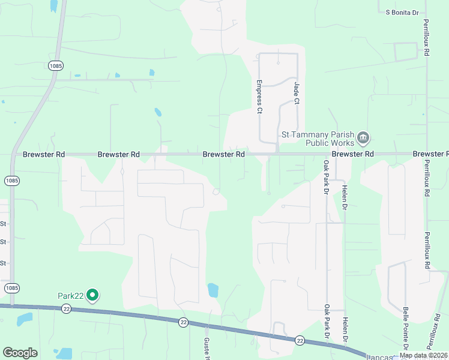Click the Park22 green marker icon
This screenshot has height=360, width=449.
[92, 295]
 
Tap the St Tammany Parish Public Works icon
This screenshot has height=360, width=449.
[363, 139]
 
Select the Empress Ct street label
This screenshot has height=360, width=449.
[259, 97]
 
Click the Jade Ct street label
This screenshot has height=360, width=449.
[296, 93]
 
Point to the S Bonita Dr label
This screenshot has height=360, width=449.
[406, 12]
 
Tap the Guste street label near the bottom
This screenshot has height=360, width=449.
[206, 346]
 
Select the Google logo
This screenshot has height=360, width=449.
[20, 353]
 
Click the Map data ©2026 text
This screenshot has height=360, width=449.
[424, 355]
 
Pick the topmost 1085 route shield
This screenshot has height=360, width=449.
[55, 65]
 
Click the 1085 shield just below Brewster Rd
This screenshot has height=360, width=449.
[11, 180]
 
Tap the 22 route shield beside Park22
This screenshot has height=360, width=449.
[66, 308]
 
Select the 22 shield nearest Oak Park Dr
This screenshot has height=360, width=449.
[300, 340]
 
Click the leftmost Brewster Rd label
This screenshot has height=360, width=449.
[44, 154]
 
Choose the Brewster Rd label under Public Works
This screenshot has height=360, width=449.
[353, 154]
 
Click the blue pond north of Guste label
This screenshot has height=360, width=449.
[212, 290]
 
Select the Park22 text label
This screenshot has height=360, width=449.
[70, 295]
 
